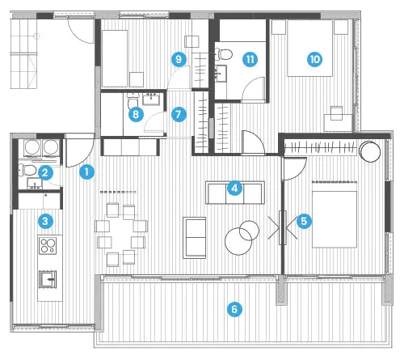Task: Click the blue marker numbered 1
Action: point(86,172)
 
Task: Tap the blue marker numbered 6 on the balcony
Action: point(234,309)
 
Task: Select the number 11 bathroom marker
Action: point(250,59)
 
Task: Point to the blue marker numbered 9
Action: point(179,59)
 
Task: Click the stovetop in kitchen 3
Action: point(48,245)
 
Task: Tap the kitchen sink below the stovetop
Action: point(48,279)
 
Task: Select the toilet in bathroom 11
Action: point(224,54)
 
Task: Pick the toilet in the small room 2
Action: point(27,171)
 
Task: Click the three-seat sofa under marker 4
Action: point(235,193)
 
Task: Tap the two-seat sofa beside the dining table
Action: point(195,238)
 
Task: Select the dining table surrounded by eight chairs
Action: point(121,235)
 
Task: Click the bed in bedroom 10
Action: point(309,49)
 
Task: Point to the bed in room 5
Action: point(335,219)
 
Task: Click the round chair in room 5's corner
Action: point(370,151)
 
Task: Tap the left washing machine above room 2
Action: point(32,148)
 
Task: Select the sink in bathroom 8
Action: point(151,99)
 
